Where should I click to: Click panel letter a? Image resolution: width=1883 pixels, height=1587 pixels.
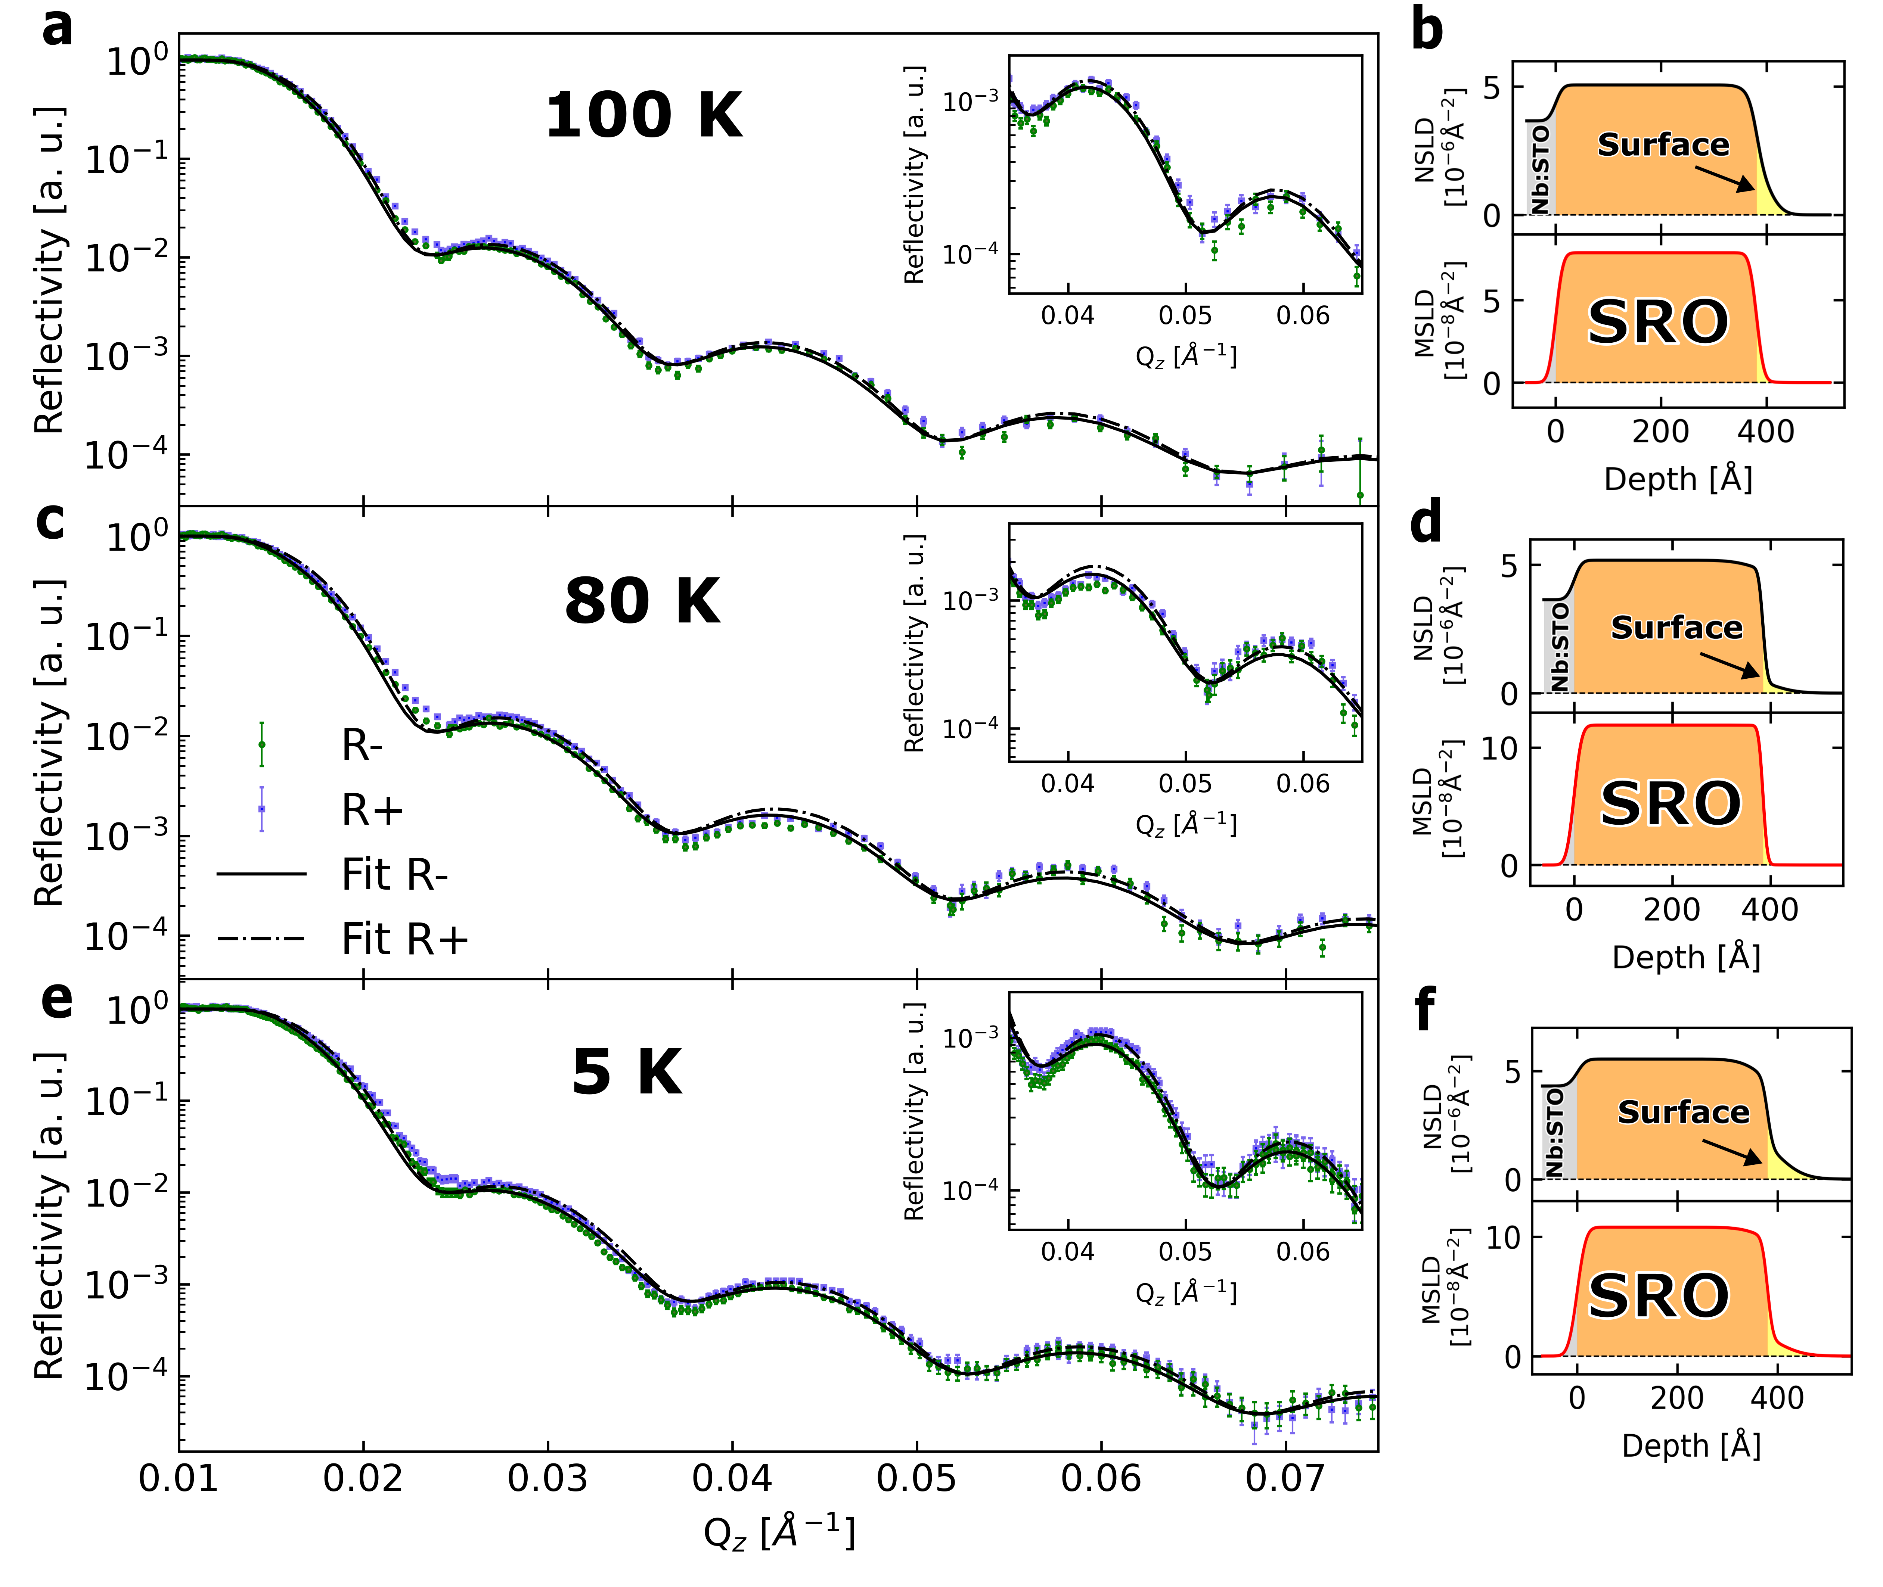(x=58, y=27)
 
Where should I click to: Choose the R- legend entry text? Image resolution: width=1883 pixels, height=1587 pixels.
(x=362, y=745)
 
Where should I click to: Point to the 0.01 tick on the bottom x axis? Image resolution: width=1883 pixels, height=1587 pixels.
(x=178, y=1478)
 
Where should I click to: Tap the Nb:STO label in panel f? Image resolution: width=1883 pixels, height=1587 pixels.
(x=1554, y=1132)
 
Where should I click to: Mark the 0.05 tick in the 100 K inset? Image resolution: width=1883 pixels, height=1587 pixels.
(x=1185, y=316)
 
